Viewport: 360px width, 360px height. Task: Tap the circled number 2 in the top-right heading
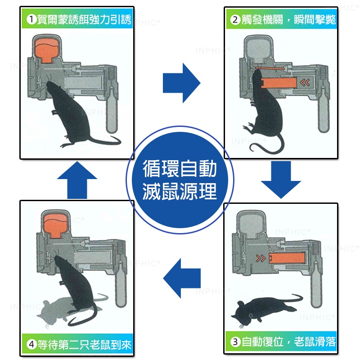[x=235, y=19]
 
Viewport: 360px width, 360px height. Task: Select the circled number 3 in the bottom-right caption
[x=235, y=342]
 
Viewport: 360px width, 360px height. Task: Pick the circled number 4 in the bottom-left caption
[x=31, y=344]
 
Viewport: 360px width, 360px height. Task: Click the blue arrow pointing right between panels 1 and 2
[x=181, y=83]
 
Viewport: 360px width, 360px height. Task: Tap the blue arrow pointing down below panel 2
[x=281, y=180]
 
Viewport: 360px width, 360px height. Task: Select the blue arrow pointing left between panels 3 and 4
[x=182, y=278]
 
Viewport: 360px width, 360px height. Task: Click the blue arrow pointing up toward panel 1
[x=77, y=180]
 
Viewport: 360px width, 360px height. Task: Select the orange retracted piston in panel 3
[x=287, y=258]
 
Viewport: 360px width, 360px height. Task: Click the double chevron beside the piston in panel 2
[x=305, y=82]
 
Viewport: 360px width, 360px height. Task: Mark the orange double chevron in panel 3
[x=261, y=258]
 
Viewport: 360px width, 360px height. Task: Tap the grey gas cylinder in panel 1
[x=112, y=110]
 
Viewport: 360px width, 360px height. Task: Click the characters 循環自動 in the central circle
[x=180, y=169]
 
